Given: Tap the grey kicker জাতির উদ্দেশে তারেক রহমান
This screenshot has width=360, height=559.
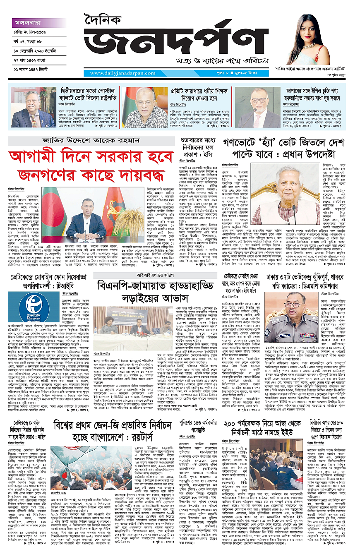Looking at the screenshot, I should [91, 141].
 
